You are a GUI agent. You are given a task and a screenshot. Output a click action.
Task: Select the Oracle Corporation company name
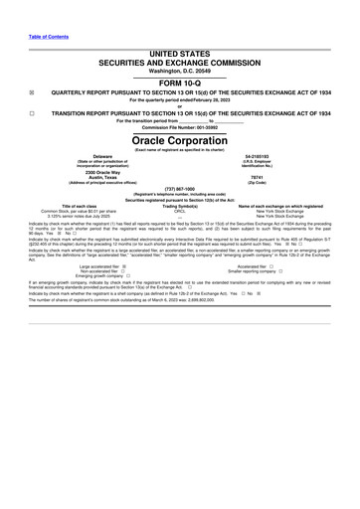[179, 139]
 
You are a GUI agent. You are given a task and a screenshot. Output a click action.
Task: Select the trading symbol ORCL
[180, 211]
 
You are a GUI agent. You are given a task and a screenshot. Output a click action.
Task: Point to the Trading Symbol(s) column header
[180, 206]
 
